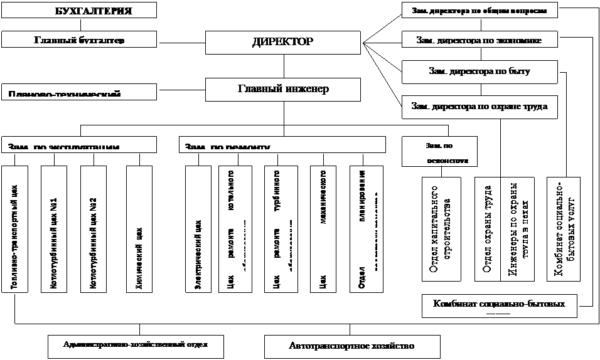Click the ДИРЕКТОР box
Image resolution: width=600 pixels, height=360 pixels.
tap(283, 43)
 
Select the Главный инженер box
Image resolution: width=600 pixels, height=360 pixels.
tap(283, 89)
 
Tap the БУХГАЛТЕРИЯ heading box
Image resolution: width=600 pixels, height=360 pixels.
tap(78, 11)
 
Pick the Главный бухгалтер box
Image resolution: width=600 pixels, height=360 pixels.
tap(78, 40)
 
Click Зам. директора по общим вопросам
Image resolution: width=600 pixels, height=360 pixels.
tap(479, 11)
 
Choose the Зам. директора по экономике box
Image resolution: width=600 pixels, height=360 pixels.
tap(479, 40)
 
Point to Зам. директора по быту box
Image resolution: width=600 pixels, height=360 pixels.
tap(479, 71)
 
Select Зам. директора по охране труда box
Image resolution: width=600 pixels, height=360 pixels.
tap(479, 107)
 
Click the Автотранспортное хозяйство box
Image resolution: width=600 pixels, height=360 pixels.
tap(352, 346)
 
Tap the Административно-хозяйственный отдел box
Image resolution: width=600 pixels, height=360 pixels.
tap(136, 344)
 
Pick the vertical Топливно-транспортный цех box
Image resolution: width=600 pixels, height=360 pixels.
tap(17, 229)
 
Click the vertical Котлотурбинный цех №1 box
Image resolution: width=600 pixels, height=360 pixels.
tap(55, 229)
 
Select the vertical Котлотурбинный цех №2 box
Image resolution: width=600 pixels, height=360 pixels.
tap(94, 229)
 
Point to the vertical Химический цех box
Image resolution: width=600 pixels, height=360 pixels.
tap(140, 229)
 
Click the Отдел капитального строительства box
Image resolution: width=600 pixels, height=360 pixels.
tap(441, 229)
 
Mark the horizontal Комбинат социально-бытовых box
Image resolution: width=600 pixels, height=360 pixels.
tap(500, 305)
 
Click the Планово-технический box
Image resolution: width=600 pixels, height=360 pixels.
tap(78, 92)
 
